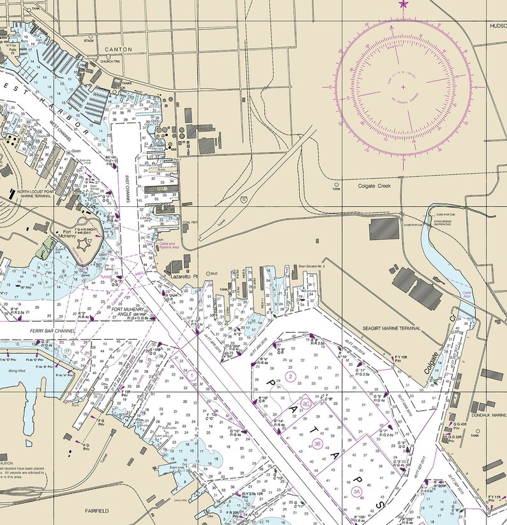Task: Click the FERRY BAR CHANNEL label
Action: pyautogui.click(x=52, y=331)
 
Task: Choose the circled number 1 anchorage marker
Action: pyautogui.click(x=192, y=375)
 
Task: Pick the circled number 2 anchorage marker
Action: pyautogui.click(x=291, y=376)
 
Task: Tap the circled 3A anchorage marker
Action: pyautogui.click(x=356, y=491)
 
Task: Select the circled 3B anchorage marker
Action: pyautogui.click(x=317, y=443)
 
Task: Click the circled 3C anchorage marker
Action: pyautogui.click(x=306, y=404)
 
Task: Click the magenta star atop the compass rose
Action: pyautogui.click(x=402, y=4)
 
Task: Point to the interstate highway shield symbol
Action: pyautogui.click(x=245, y=199)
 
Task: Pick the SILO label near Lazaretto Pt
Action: pyautogui.click(x=213, y=271)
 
